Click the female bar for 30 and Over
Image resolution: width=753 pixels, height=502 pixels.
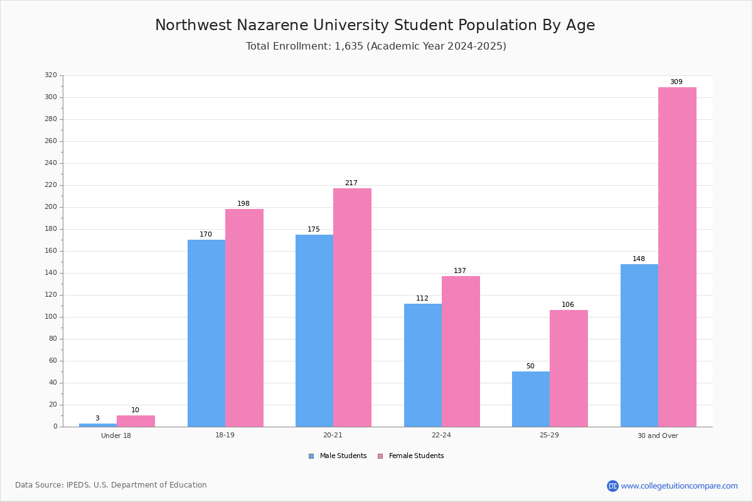677,257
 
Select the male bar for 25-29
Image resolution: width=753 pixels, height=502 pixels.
531,399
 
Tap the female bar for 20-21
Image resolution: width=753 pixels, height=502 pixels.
352,307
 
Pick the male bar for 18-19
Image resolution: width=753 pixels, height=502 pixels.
206,333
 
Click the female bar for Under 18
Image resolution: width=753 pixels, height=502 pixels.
136,421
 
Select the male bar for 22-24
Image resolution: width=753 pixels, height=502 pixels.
423,365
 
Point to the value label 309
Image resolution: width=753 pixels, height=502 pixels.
676,82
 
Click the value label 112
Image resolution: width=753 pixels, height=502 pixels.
422,298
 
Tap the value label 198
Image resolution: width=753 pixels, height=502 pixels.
243,203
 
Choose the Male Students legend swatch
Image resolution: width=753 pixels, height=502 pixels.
311,456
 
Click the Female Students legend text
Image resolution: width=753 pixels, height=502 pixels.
416,456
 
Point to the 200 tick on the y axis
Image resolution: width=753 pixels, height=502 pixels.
61,207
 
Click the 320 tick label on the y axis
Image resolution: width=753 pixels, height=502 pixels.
51,75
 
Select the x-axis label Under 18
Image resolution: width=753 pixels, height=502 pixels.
116,435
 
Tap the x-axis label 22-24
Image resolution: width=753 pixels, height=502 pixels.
441,435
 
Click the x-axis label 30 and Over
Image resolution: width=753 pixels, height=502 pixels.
658,435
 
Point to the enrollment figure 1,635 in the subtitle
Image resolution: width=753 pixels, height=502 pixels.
349,46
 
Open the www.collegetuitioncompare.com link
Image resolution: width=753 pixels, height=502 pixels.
679,486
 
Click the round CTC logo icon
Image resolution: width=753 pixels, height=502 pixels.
612,486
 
